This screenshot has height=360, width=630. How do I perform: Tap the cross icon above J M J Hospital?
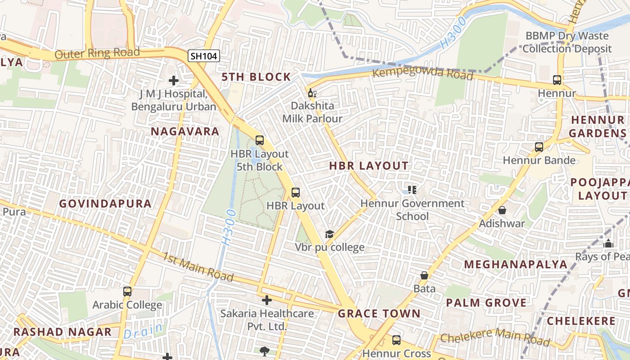[x=174, y=81]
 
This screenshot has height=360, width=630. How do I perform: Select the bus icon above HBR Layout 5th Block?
[x=260, y=140]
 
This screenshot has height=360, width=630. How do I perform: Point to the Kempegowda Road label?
[x=423, y=73]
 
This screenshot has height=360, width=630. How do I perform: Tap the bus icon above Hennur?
[x=557, y=80]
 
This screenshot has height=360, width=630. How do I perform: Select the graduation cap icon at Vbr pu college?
[x=330, y=234]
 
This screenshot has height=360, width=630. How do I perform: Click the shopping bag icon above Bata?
[x=424, y=275]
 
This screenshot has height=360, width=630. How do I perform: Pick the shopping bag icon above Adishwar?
[x=502, y=210]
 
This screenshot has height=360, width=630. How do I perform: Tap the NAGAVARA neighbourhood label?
[x=185, y=131]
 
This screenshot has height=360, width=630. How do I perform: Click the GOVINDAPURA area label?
[x=105, y=203]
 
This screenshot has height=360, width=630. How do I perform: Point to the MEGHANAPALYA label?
[x=516, y=264]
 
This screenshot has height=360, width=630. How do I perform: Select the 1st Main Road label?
[x=198, y=266]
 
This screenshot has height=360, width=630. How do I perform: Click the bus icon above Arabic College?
[x=127, y=292]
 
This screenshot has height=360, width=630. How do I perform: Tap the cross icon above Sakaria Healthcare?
[x=267, y=300]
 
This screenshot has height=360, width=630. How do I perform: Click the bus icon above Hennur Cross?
[x=396, y=340]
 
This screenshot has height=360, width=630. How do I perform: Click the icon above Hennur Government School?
[x=412, y=190]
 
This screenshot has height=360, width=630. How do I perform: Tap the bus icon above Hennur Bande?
[x=539, y=147]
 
